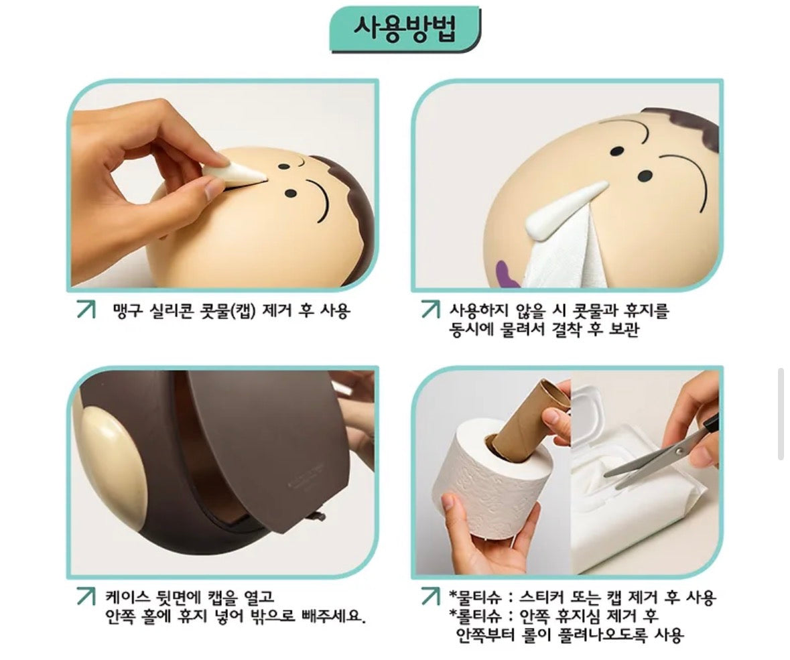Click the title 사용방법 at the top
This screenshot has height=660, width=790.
coord(405,29)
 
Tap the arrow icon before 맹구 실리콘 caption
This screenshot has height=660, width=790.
coord(86,310)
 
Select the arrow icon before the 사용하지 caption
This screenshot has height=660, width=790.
coord(431,310)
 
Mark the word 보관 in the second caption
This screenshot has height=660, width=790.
coord(624,330)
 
